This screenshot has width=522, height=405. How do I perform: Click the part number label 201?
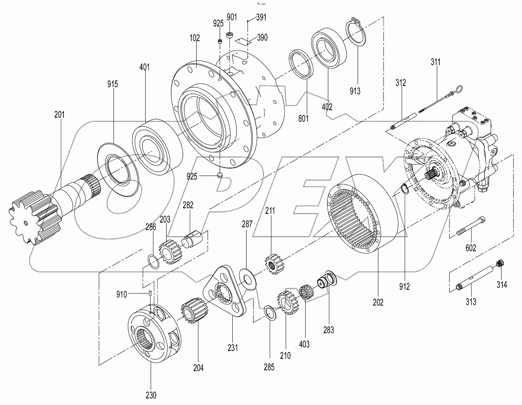59,115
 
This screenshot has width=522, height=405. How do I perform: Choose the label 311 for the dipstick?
435,62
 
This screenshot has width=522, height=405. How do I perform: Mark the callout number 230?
151,395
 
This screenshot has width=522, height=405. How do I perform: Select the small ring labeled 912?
404,189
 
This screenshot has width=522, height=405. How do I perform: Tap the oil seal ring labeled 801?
301,65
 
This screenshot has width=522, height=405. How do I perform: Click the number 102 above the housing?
194,38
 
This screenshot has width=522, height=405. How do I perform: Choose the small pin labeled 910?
150,294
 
